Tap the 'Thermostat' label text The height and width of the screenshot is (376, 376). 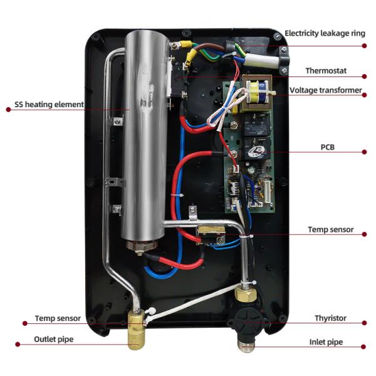[326, 71]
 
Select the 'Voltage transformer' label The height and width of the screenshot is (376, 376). [326, 90]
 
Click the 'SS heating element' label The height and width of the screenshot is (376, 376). [49, 104]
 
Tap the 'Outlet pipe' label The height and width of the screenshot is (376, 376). [54, 340]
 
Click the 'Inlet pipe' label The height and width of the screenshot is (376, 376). [326, 343]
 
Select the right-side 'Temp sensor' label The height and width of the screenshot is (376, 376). [330, 230]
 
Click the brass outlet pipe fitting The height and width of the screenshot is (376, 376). [136, 329]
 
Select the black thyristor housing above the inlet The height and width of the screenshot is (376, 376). [246, 316]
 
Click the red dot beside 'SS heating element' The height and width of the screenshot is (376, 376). [8, 109]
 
